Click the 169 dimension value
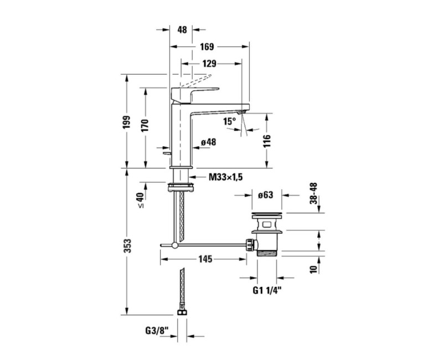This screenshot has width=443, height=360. (207, 47)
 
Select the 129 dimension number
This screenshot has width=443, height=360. (209, 64)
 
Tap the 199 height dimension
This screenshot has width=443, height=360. (127, 122)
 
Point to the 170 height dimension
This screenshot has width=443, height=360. (145, 126)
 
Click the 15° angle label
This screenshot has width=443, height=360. (229, 121)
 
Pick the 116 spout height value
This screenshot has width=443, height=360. (267, 141)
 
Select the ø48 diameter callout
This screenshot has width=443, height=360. (209, 142)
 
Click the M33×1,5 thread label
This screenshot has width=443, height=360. (225, 177)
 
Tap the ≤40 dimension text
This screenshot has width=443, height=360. (140, 200)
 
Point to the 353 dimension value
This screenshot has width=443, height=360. (127, 246)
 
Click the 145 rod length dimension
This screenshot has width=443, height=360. (205, 259)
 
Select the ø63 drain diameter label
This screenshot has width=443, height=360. (266, 195)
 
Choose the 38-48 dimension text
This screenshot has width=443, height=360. (313, 193)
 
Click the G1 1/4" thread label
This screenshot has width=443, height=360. (267, 290)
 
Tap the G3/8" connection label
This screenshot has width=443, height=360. (157, 330)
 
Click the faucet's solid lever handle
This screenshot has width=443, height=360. (195, 95)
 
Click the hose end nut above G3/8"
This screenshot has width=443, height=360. (182, 312)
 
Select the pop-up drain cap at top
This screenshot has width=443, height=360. (267, 214)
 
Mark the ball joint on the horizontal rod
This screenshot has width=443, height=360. (175, 245)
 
